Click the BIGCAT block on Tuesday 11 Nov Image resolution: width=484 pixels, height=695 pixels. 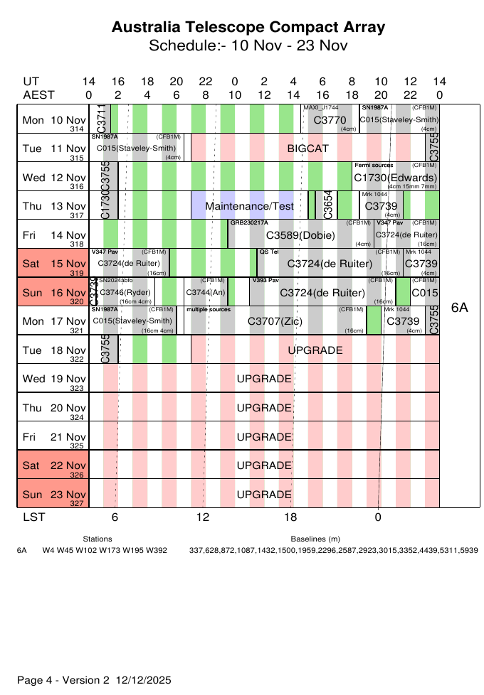tap(308, 149)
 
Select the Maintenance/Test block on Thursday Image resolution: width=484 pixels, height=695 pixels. tap(249, 206)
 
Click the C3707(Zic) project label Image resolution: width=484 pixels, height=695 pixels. tap(275, 322)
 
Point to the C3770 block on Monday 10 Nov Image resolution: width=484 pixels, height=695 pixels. tap(330, 120)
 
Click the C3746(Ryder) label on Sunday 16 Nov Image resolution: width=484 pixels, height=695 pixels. tap(125, 292)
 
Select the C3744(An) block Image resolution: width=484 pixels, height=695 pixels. tap(205, 292)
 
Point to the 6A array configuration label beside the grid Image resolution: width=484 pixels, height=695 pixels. tap(460, 307)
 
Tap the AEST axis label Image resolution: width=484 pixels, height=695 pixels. tap(38, 95)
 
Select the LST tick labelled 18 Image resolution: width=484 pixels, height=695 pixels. tap(290, 517)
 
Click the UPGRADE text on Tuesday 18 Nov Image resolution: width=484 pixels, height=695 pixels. tap(315, 350)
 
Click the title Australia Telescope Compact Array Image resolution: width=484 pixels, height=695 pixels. tap(248, 28)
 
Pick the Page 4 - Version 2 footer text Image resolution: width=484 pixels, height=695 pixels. tap(94, 680)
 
